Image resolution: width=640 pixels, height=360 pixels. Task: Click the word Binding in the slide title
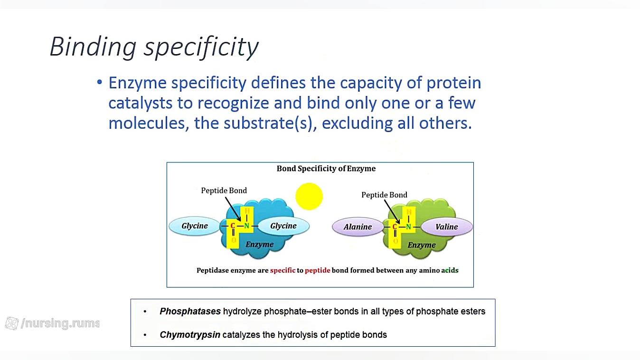click(x=93, y=47)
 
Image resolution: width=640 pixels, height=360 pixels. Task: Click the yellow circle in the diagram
click(x=309, y=197)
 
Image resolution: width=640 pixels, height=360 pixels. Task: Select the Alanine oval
click(x=358, y=227)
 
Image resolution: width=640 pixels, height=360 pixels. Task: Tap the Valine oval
click(x=447, y=227)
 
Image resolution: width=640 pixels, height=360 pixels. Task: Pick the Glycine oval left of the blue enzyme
click(x=195, y=226)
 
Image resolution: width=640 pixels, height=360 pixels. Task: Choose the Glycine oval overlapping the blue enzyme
click(x=283, y=226)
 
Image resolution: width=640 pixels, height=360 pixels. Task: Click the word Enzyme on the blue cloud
click(x=259, y=245)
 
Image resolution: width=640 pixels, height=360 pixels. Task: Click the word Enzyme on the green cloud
click(x=422, y=245)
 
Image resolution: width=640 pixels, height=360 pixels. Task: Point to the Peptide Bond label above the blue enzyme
click(x=224, y=190)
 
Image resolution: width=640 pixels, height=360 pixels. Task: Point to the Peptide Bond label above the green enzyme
click(x=384, y=195)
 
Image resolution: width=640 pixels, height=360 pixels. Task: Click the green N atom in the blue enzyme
click(x=246, y=226)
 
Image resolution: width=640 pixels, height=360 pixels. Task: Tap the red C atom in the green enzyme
click(x=395, y=227)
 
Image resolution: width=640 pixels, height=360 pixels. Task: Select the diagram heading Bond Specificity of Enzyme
click(x=326, y=169)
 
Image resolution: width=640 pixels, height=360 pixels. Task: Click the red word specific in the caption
click(x=282, y=270)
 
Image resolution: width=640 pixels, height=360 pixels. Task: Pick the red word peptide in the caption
click(x=318, y=270)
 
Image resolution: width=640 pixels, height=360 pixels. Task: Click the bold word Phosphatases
click(x=190, y=311)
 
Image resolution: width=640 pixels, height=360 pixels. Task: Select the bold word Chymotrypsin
click(x=190, y=334)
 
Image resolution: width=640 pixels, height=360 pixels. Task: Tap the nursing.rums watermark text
click(x=60, y=323)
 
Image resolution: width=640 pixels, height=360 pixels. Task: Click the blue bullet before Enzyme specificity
click(x=99, y=83)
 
